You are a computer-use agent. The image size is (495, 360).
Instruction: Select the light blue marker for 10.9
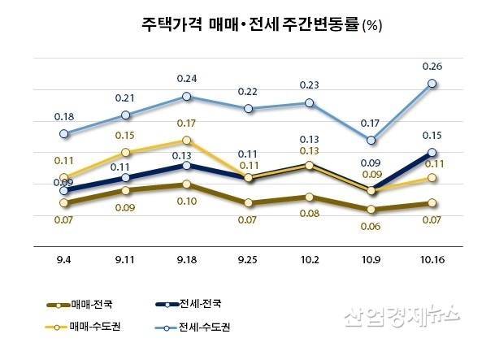point(372,141)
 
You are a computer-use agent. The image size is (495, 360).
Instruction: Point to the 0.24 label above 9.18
point(187,79)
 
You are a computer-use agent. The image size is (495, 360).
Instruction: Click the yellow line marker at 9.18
point(187,141)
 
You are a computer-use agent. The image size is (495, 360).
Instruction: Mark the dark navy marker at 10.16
point(433,153)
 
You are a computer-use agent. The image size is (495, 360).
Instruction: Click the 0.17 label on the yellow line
point(187,124)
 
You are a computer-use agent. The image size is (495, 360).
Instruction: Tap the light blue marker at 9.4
point(64,133)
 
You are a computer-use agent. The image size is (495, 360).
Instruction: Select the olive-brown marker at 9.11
point(125,190)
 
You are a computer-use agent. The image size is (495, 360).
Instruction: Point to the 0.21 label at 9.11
point(125,98)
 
